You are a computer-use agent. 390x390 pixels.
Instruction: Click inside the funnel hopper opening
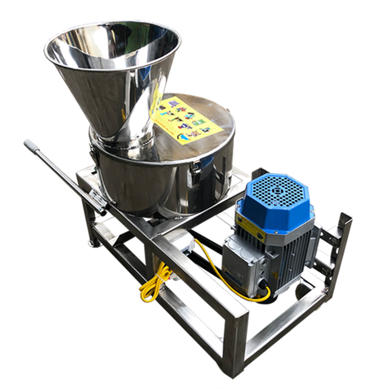pyautogui.click(x=114, y=57)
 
